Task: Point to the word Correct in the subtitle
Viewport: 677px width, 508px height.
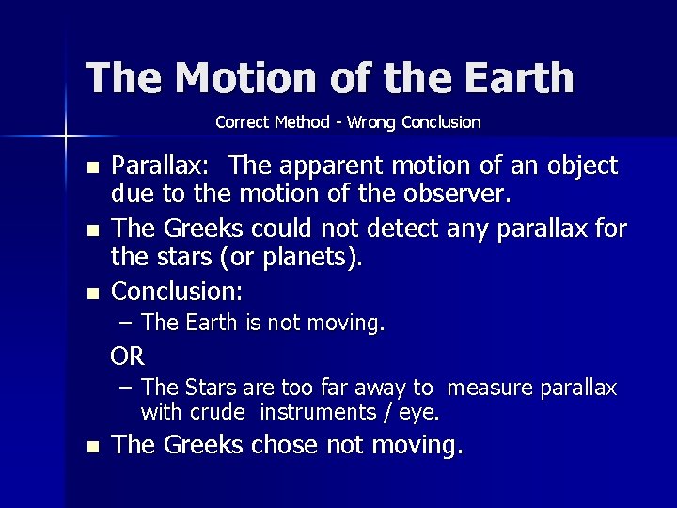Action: [244, 122]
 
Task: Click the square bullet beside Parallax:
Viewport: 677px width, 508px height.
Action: [90, 167]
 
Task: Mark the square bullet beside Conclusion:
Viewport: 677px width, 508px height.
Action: [90, 293]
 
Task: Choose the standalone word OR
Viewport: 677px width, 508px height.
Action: [127, 357]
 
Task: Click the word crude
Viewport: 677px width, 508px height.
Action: [220, 412]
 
